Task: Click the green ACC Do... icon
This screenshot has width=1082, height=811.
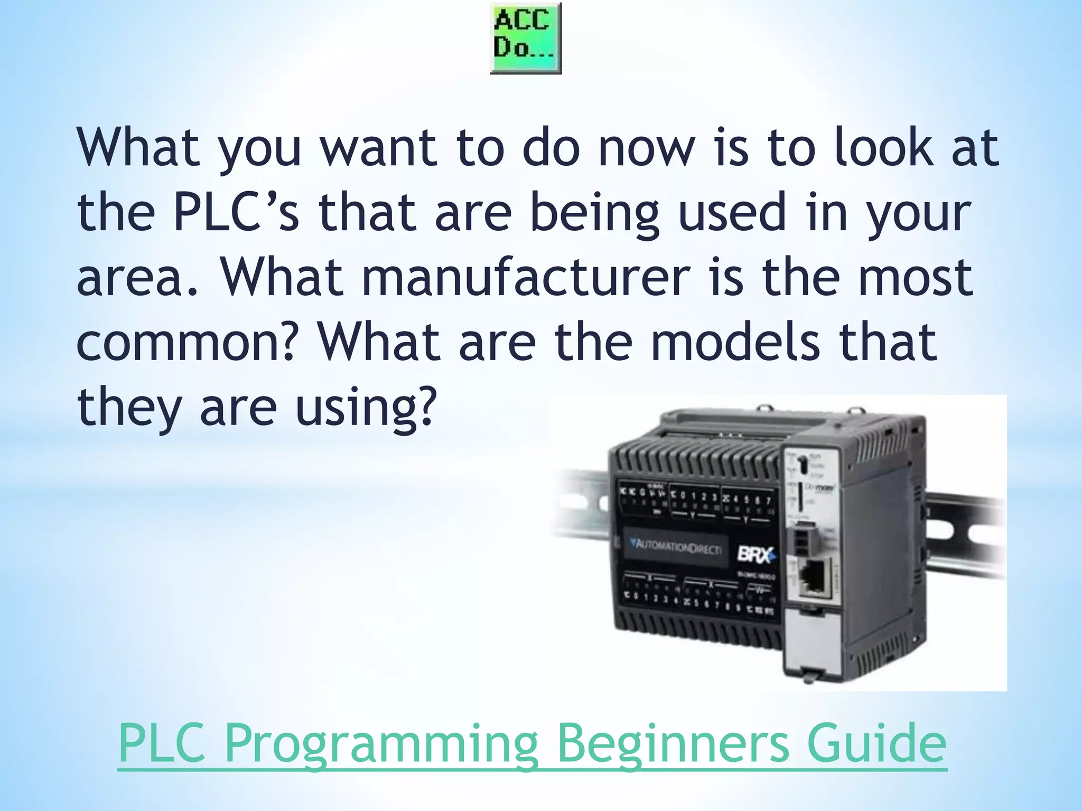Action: (x=525, y=38)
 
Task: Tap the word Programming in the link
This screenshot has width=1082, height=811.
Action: (x=381, y=742)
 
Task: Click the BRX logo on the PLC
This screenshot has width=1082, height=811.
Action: (x=756, y=555)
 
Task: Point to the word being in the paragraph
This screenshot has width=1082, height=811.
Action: (x=595, y=212)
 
